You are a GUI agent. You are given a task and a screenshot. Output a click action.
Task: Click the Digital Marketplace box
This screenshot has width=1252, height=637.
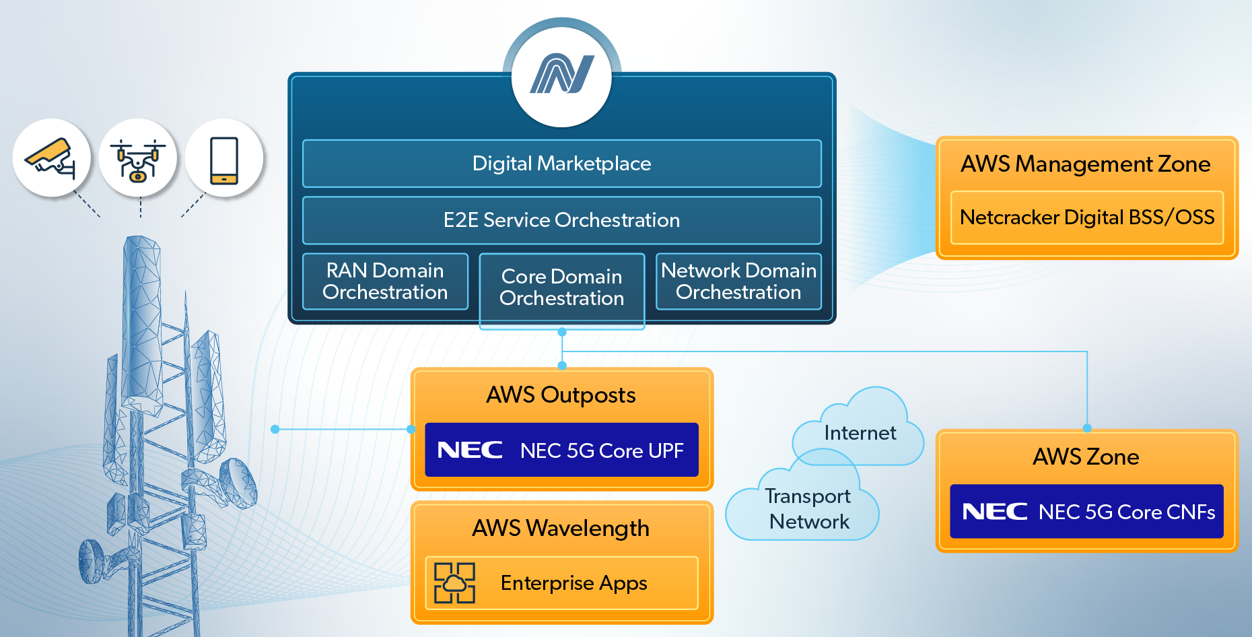[x=561, y=164]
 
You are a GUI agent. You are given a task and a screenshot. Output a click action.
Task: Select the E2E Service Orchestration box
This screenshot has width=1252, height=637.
[x=561, y=220]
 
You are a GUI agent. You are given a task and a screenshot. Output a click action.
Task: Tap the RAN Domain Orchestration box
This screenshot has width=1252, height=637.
[x=385, y=281]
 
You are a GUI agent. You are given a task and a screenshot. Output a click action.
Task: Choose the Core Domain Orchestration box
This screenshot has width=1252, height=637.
[x=561, y=288]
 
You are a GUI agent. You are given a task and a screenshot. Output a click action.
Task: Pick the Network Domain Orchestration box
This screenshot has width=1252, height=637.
[x=738, y=281]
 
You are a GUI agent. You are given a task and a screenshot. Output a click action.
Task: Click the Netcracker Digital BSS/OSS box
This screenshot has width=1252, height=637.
[x=1086, y=217]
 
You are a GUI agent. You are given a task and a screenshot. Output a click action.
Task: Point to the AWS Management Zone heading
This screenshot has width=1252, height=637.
[x=1085, y=164]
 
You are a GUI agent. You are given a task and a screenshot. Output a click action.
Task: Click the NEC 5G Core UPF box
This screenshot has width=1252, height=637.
[x=561, y=450]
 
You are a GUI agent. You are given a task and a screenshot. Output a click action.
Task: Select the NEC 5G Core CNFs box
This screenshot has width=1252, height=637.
[x=1086, y=512]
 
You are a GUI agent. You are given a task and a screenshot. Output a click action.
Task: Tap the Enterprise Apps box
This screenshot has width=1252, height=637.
[x=561, y=583]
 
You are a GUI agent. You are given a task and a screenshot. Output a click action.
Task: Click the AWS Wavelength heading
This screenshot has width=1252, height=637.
[x=561, y=529]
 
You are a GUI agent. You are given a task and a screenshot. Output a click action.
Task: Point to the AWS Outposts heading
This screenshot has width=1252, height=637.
[x=561, y=395]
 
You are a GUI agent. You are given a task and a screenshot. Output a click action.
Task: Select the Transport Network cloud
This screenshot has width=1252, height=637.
[x=808, y=509]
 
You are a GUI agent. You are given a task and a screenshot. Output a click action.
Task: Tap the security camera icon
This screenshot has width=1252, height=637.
[x=51, y=158]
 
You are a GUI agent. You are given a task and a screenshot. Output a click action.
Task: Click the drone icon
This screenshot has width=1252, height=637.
[x=138, y=158]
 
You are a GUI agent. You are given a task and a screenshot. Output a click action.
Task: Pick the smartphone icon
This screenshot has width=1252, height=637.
[x=224, y=159]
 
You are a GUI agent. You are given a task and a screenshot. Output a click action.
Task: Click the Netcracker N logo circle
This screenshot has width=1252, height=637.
[x=561, y=74]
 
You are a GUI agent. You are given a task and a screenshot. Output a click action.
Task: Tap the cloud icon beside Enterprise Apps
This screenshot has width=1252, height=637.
[x=454, y=583]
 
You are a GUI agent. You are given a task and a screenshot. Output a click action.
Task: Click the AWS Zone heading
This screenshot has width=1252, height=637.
[x=1086, y=457]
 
